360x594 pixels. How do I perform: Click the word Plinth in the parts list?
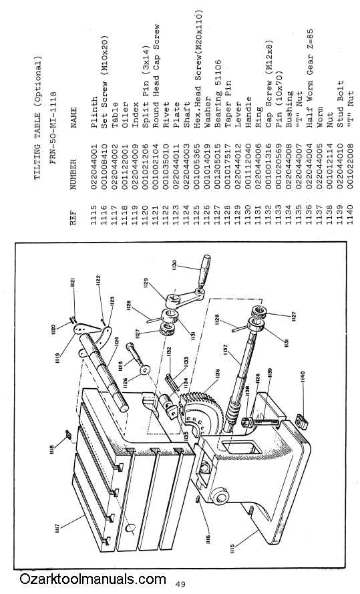tap(94, 108)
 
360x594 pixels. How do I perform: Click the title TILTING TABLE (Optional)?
tap(37, 122)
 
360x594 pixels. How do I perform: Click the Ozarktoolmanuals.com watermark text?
tap(93, 579)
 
